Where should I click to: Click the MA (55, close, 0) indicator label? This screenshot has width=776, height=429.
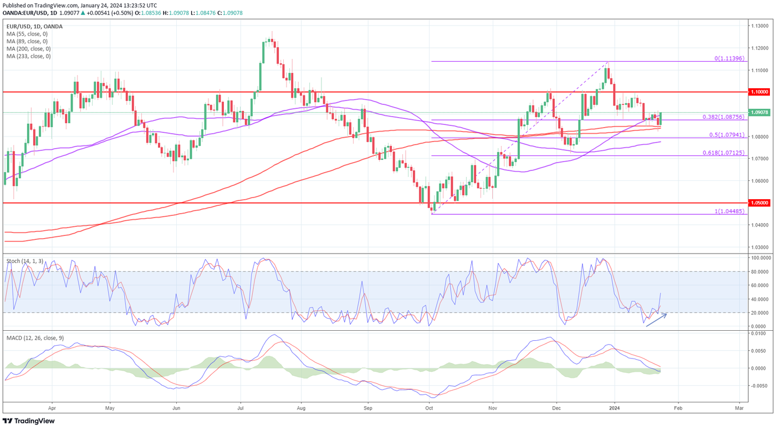27,34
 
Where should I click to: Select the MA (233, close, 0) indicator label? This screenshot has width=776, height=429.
29,56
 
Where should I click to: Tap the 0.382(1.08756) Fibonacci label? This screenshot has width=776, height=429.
723,117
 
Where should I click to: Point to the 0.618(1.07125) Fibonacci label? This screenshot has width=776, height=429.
723,153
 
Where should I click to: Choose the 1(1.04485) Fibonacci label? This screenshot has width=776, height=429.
729,211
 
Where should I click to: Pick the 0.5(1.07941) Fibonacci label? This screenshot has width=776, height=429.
726,135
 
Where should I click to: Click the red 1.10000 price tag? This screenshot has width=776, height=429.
759,92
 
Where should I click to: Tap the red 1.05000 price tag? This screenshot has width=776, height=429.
759,203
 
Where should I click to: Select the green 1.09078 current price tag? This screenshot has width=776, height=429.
759,112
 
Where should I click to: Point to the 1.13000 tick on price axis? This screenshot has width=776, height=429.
759,26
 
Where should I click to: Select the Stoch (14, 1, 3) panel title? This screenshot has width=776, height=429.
25,260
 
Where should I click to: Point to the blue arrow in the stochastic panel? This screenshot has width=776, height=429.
656,320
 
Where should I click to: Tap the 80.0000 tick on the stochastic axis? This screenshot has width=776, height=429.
760,271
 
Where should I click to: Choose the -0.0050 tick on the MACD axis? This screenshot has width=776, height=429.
759,385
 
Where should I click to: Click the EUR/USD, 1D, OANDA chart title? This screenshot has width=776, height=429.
34,26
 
